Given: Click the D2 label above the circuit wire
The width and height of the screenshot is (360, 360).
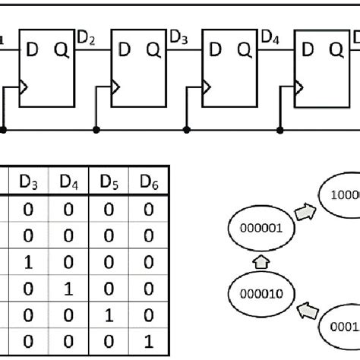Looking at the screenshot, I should pyautogui.click(x=87, y=37).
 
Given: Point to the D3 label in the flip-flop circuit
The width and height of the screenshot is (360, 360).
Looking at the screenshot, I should pyautogui.click(x=178, y=37).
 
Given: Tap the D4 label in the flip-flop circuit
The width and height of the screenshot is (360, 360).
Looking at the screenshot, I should pyautogui.click(x=271, y=37).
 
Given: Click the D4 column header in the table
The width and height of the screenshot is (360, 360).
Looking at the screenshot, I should pyautogui.click(x=68, y=182).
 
